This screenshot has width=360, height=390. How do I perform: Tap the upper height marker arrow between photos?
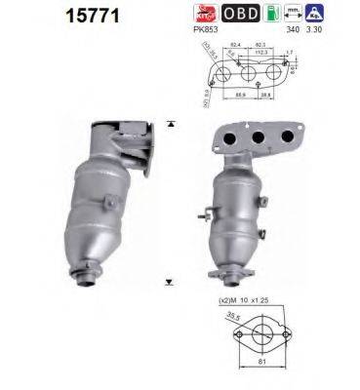172,124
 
